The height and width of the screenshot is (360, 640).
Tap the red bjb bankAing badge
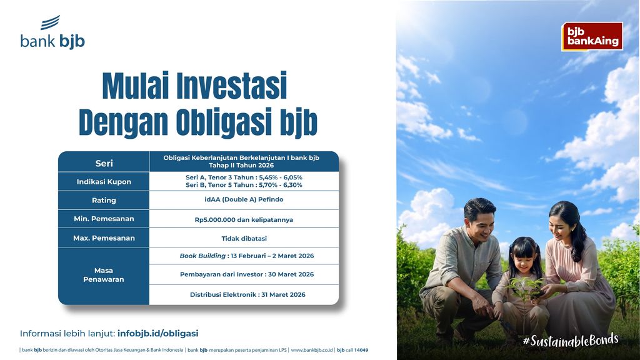592,36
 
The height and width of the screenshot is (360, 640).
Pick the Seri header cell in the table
104,163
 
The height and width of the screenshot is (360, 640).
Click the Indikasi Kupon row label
104,182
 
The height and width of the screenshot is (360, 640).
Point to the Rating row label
104,201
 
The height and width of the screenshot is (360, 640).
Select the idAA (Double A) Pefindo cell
243,200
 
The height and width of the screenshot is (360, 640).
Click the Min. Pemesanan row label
104,219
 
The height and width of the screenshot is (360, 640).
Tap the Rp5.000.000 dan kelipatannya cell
243,219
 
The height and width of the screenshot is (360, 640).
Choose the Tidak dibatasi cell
243,238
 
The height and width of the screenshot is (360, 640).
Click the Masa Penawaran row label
104,275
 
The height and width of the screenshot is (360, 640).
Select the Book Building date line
246,256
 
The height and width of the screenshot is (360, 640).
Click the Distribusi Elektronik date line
247,294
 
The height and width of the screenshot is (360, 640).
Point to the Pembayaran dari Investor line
246,274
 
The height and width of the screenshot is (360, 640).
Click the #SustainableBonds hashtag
570,340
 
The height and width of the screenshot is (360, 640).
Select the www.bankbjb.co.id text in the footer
311,350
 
